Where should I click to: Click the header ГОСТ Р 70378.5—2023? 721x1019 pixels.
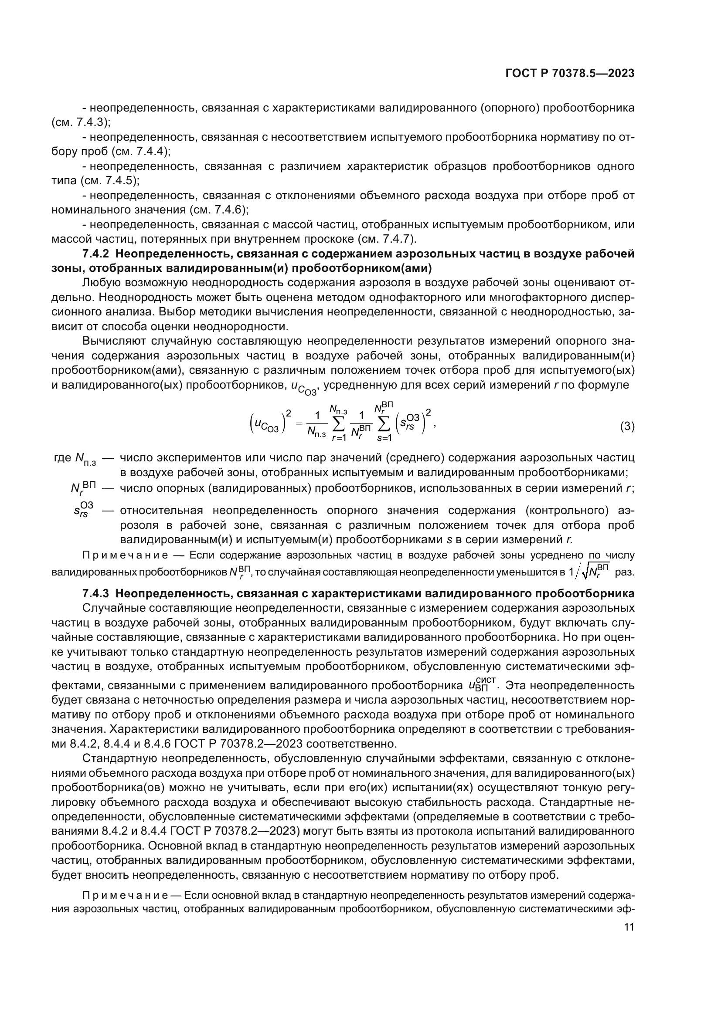coord(570,74)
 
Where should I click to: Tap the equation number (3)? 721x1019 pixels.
coord(627,427)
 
